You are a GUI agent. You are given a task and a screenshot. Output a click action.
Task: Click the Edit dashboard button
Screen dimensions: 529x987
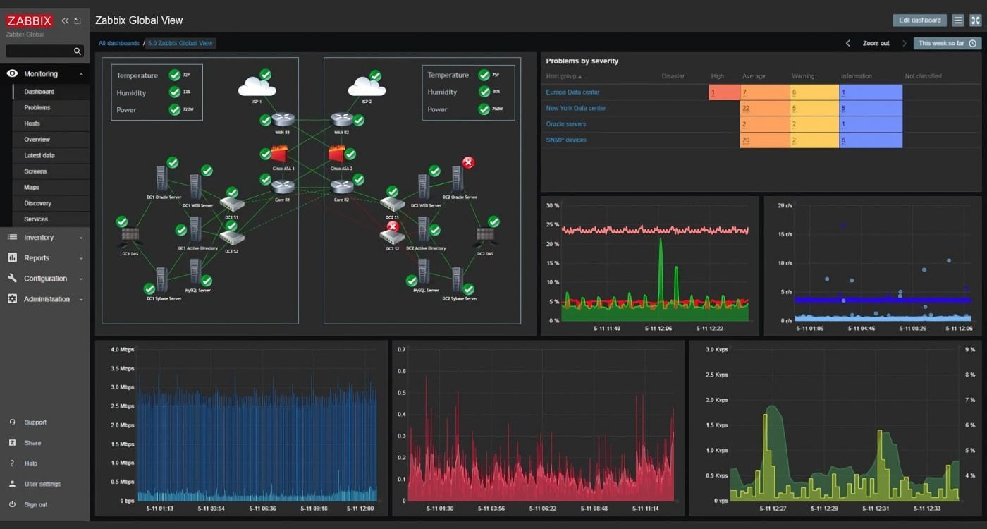pos(919,20)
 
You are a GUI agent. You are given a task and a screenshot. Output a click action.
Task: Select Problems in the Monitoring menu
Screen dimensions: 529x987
pos(37,108)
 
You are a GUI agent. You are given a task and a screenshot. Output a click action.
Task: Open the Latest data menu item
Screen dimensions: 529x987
pos(39,155)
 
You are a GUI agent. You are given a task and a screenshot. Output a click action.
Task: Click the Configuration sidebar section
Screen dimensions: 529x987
pos(45,279)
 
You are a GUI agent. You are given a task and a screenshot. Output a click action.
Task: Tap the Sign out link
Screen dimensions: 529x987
pos(36,505)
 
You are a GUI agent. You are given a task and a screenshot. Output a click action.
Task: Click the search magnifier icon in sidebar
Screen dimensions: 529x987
pos(78,51)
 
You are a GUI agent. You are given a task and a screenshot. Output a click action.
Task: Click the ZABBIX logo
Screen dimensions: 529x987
pos(30,20)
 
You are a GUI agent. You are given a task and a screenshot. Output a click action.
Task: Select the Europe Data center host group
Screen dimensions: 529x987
pos(572,92)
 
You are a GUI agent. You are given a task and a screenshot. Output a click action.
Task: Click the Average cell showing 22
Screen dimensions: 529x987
pos(764,109)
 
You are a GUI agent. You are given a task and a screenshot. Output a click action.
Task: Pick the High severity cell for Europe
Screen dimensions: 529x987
pos(724,92)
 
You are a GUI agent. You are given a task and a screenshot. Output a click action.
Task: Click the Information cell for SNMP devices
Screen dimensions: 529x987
pos(870,140)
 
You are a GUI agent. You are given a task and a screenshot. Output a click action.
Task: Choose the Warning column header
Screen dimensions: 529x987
pos(802,76)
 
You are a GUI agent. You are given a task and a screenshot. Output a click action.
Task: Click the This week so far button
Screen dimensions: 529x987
pos(947,44)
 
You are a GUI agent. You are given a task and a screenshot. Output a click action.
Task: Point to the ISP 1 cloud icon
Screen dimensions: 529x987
pos(257,87)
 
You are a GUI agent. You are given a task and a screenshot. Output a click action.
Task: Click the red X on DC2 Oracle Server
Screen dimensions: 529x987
pos(467,163)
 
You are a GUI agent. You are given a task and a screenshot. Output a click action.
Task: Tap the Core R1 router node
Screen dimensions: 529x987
pos(283,188)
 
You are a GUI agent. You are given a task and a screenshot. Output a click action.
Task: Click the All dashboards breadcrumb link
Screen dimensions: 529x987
pos(118,44)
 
